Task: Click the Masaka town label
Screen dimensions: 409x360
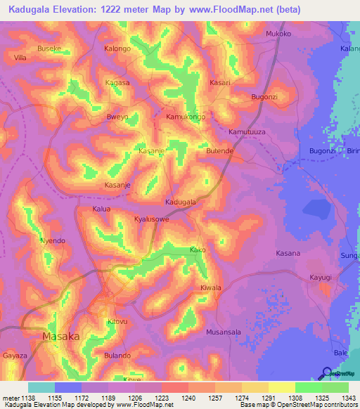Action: click(61, 337)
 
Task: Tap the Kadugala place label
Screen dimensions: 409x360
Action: click(180, 202)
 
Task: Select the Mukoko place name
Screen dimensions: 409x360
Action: click(278, 34)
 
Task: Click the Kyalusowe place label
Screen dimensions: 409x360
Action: click(152, 220)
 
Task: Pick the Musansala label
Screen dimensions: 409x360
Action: click(224, 331)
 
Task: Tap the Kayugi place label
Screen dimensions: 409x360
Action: click(321, 278)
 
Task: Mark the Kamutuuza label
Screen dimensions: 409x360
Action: click(247, 132)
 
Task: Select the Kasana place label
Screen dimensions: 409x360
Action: click(288, 253)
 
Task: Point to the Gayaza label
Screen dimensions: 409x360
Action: click(15, 356)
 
